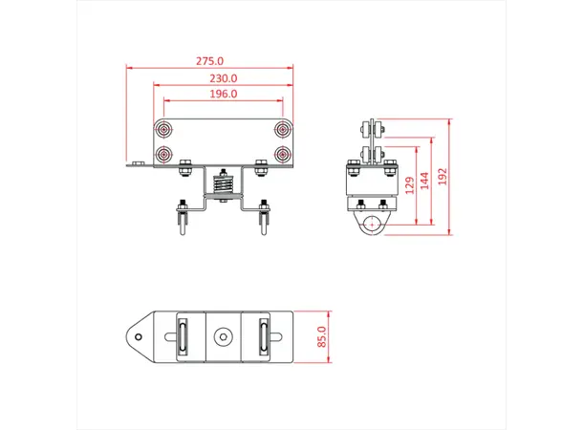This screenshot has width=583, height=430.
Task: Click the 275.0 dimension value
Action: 210,61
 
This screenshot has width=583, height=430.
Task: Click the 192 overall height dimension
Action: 443,177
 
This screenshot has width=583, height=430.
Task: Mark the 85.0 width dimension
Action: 322,337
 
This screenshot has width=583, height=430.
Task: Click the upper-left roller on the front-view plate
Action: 166,128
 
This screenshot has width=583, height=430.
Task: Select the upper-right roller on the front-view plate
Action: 282,128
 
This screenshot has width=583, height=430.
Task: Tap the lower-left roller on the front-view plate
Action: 166,153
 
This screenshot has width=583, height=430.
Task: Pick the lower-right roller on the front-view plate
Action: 282,153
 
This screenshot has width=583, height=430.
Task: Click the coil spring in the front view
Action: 225,184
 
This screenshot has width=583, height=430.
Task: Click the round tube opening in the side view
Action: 369,225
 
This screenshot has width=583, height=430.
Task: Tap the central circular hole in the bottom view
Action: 224,336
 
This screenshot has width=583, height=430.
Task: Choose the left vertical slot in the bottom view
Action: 182,336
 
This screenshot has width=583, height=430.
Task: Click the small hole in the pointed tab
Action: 140,336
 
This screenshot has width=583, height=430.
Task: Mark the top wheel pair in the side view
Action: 370,129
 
